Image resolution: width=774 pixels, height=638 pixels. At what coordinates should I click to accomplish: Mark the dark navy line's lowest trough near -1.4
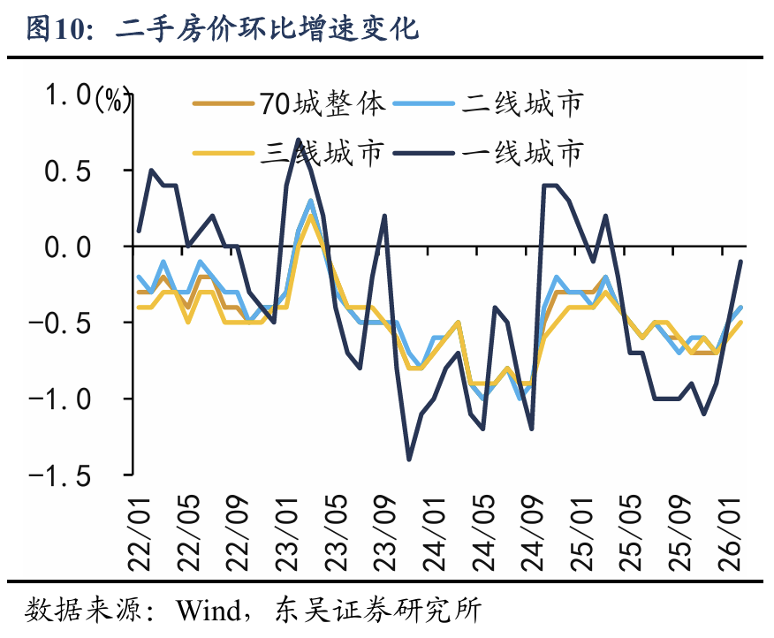coord(409,460)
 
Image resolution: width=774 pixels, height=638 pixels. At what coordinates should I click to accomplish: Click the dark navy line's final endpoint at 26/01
coord(740,262)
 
